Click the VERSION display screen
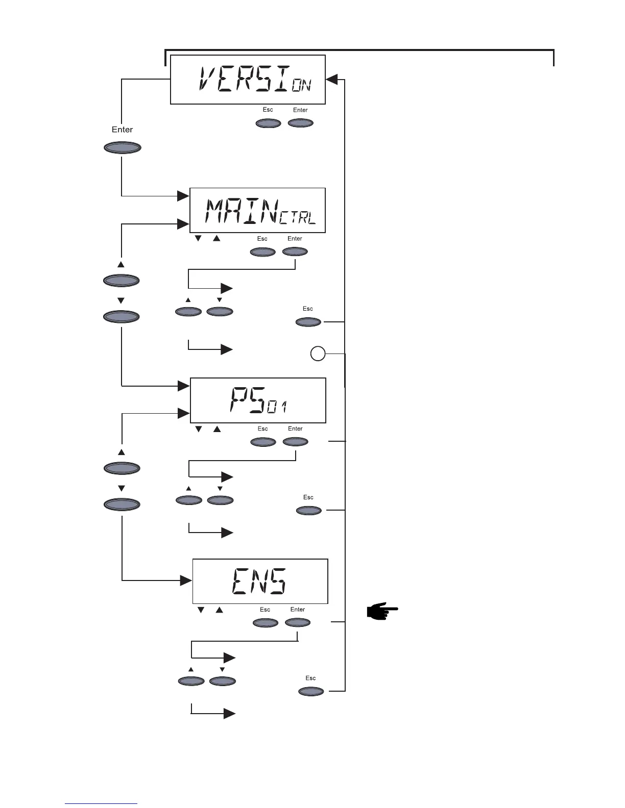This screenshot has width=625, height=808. coord(248,80)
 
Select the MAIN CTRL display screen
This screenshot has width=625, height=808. coord(257,210)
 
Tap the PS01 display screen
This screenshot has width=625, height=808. coord(258,400)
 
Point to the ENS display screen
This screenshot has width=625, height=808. coord(260,582)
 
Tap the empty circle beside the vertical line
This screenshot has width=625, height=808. coord(318,353)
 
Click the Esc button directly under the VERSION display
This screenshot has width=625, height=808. coord(268,123)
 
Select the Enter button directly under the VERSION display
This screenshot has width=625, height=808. coord(301,123)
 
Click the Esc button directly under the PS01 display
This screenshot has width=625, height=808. coord(263,442)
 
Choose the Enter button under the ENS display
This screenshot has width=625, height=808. coord(298,622)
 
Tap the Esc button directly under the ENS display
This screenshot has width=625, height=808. coord(266,622)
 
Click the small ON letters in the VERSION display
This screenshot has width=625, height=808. coord(301,86)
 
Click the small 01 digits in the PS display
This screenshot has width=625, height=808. coord(277,407)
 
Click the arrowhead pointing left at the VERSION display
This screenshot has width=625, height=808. coord(332,79)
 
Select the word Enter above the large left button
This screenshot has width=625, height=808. coord(122,130)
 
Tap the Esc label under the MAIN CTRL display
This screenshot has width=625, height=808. coord(262,239)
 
